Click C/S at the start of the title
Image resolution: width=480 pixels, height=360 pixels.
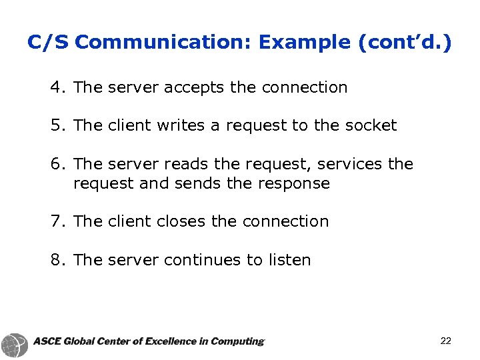coord(48,43)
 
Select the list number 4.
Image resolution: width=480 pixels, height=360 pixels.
coord(56,87)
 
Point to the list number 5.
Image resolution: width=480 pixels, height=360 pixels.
coord(56,125)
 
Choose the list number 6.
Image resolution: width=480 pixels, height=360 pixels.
coord(56,164)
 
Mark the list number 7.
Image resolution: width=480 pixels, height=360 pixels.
coord(56,221)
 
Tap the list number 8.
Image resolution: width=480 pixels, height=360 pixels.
coord(56,260)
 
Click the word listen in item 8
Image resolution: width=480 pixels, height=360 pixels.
coord(289,260)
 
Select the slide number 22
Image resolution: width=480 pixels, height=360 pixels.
coord(446,341)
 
